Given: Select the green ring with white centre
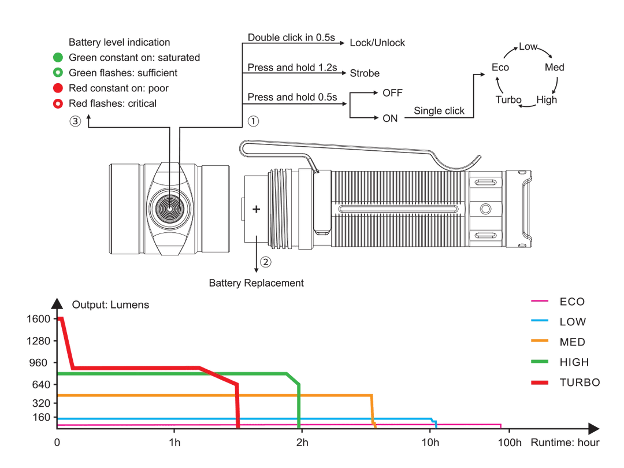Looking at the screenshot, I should coord(58,73).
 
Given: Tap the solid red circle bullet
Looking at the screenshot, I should coord(58,88).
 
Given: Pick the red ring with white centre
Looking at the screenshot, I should coord(58,104).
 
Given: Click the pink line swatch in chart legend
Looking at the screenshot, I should coord(539,300).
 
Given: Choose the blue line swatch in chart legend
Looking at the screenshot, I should coord(539,320).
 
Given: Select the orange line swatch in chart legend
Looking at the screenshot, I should coord(539,341).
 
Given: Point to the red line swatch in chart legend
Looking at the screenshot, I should coord(539,382).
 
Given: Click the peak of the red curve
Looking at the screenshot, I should coord(61,317).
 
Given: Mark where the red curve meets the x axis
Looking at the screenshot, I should coord(237,426).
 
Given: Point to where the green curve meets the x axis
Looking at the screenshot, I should coord(299,426).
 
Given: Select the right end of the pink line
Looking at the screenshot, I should coord(502,425).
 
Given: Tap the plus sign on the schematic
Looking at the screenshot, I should coord(255,211).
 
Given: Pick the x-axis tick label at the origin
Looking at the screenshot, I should coord(57,442).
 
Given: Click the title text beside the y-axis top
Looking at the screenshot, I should coord(110,304).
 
